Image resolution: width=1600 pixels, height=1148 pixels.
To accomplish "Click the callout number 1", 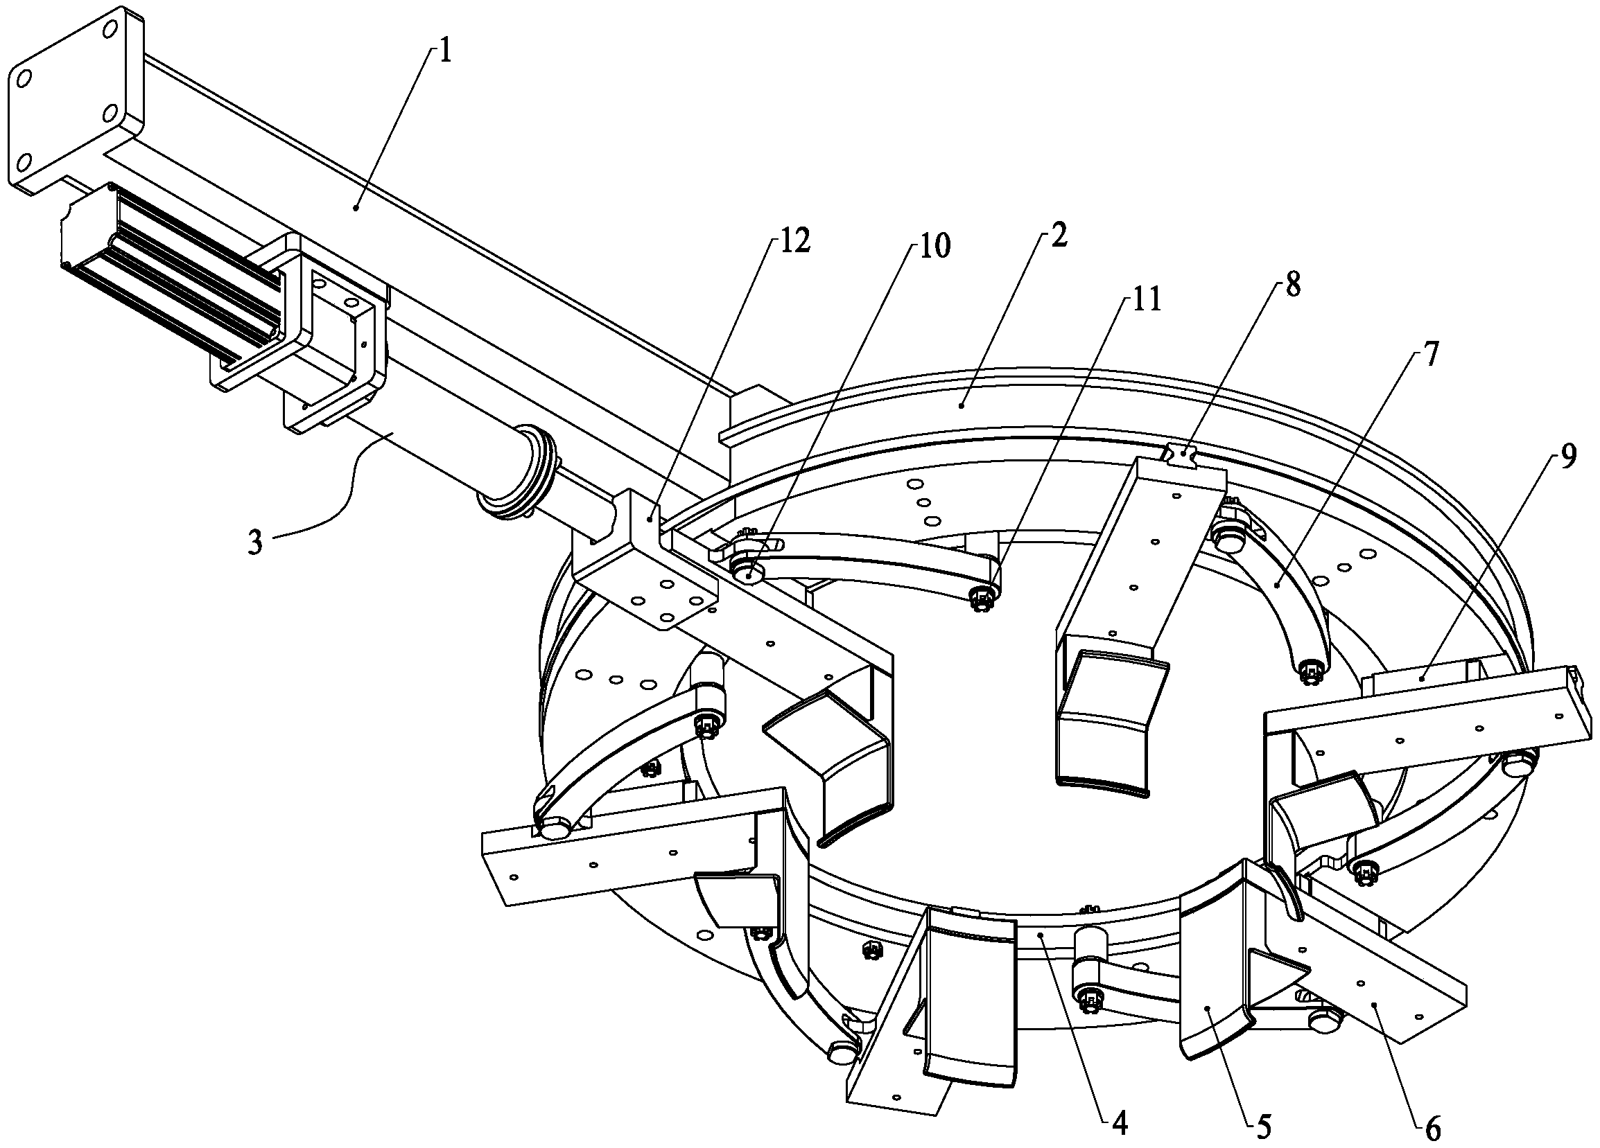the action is pyautogui.click(x=445, y=53).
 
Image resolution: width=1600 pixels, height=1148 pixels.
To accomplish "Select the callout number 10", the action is pyautogui.click(x=932, y=246).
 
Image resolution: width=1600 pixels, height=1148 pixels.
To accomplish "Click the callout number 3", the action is pyautogui.click(x=255, y=543).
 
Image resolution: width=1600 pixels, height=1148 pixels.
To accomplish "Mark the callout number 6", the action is pyautogui.click(x=1432, y=1131).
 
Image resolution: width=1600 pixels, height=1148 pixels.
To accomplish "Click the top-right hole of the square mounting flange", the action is pyautogui.click(x=110, y=29).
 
